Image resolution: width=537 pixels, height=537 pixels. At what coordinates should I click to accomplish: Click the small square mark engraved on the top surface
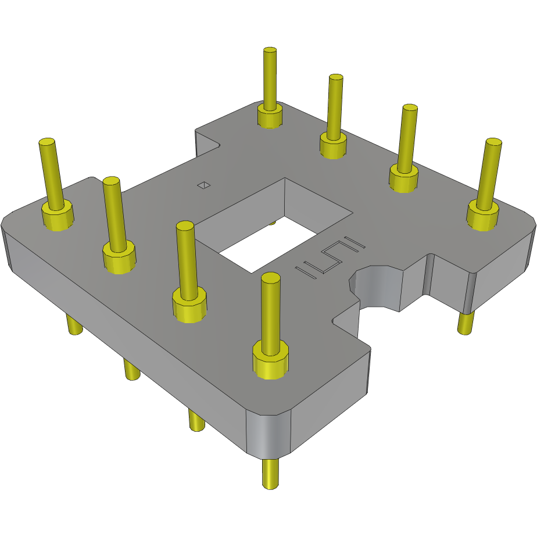tap(204, 185)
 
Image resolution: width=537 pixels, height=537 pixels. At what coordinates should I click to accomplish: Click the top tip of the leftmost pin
tap(46, 142)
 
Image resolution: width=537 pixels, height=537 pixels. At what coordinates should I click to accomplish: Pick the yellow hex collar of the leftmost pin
tap(57, 215)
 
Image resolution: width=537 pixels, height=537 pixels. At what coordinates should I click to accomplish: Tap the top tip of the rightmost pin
tap(493, 142)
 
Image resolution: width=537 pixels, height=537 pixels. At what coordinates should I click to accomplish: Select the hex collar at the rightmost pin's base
tap(482, 216)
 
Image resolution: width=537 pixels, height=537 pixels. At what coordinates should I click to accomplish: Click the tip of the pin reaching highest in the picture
tap(270, 51)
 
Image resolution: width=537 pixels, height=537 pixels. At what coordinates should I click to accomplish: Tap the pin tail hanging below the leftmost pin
tap(73, 324)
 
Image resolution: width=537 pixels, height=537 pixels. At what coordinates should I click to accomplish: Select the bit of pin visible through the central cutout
tap(272, 222)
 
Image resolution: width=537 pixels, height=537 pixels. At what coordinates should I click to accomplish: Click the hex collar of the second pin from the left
tap(119, 257)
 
